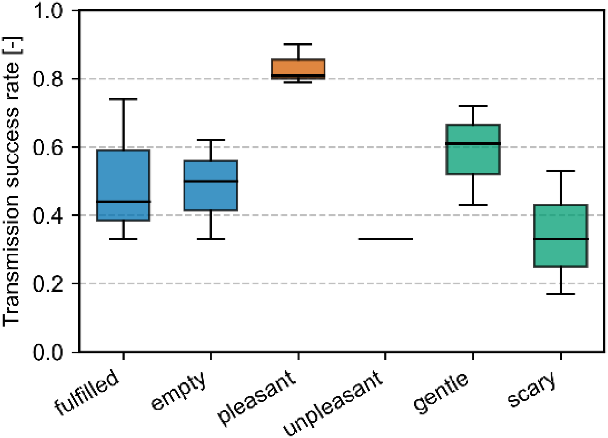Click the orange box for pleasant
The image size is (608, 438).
[298, 69]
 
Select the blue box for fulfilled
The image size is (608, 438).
[123, 185]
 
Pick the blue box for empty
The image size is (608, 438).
[211, 185]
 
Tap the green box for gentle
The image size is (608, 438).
[473, 149]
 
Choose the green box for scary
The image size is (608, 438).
[561, 236]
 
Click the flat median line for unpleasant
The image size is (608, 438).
[386, 239]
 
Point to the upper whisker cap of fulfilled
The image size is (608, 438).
[123, 99]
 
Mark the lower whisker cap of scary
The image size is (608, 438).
[561, 294]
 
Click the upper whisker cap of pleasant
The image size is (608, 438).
[298, 44]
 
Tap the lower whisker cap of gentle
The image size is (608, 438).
[473, 205]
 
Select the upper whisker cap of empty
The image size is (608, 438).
[211, 140]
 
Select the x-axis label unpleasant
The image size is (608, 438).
[333, 404]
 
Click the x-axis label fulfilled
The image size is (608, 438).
[87, 393]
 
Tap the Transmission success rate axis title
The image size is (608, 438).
[12, 182]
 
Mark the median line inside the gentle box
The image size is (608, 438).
[473, 143]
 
